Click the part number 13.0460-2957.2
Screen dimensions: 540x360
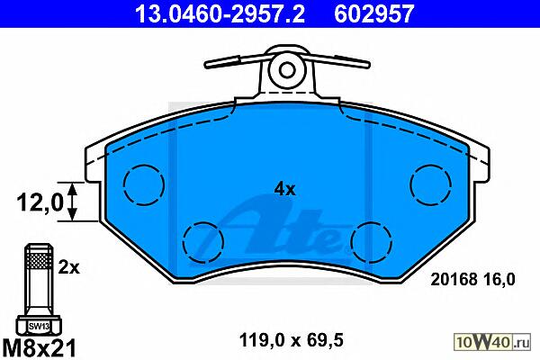point(220,13)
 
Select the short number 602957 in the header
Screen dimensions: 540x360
point(373,13)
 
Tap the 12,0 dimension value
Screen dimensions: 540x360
point(40,202)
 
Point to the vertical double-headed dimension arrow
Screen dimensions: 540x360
point(72,202)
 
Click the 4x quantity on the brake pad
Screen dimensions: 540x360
point(284,189)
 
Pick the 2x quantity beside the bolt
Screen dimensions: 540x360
point(68,267)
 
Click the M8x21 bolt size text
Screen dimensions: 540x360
point(39,347)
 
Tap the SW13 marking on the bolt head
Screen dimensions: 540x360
point(39,326)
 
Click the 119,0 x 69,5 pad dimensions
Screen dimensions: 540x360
point(291,341)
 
